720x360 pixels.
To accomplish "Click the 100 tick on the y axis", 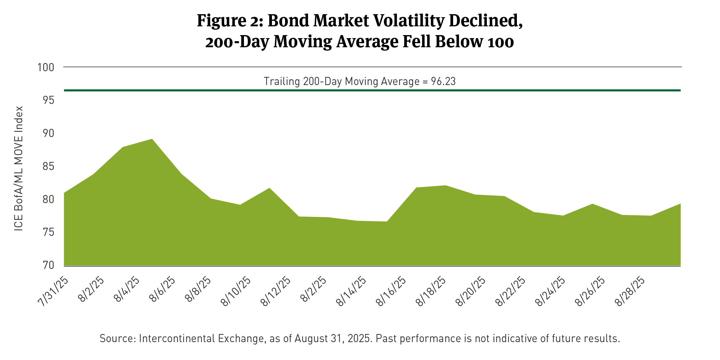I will [46, 67].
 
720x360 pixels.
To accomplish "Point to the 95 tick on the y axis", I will [46, 101].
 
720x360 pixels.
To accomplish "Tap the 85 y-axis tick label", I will [46, 167].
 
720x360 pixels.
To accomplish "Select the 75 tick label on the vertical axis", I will [46, 233].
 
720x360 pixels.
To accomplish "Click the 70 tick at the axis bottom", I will [46, 266].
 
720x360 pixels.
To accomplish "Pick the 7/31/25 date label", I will [54, 292].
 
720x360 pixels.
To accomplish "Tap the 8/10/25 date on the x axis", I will [236, 292].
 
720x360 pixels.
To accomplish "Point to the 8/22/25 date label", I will [510, 292].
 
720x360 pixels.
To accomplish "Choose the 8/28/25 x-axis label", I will [629, 292].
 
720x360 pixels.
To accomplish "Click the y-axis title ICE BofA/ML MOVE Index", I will [19, 169].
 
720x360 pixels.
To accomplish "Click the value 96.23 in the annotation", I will [443, 82].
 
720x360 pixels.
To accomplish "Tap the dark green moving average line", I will [371, 90].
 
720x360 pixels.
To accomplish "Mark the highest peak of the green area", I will [152, 139].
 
